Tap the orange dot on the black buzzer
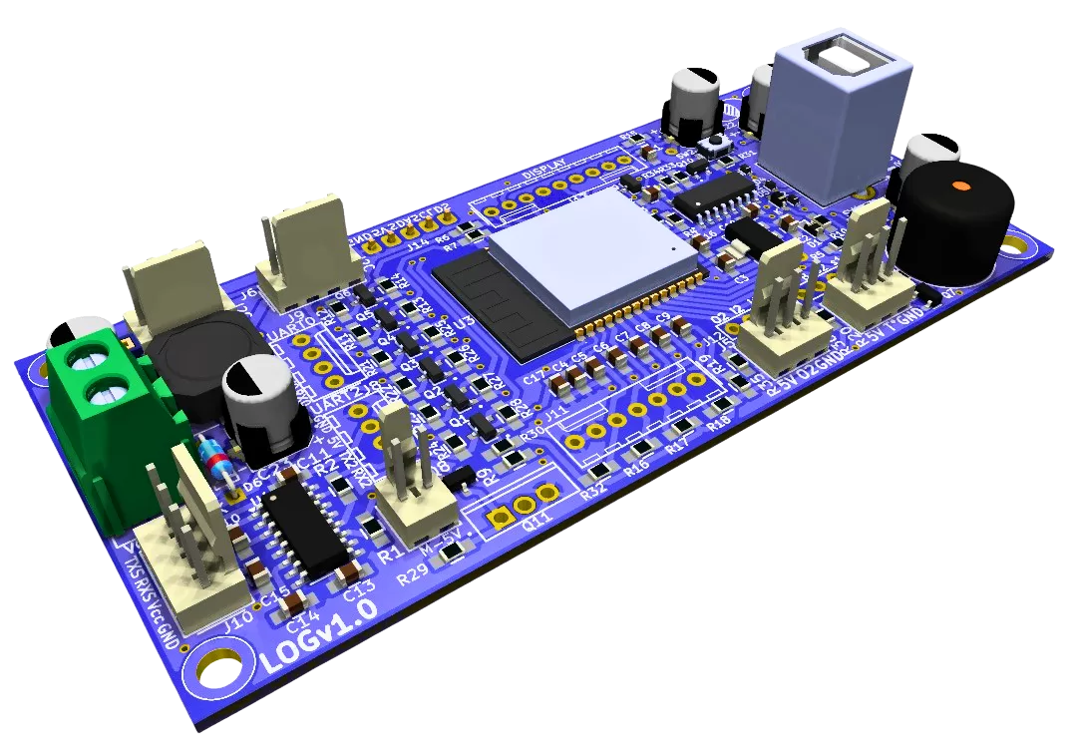(959, 186)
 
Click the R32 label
(593, 490)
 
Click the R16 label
(637, 465)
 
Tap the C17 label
(533, 378)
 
